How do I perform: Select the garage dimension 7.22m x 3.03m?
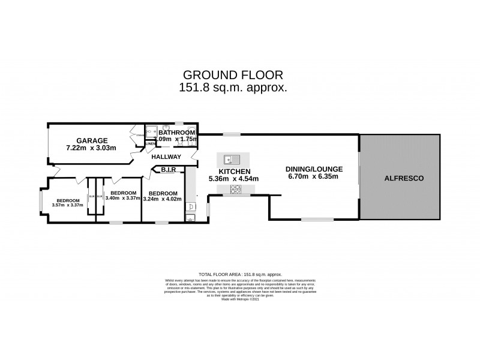pyautogui.click(x=91, y=148)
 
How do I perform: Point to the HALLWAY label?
pyautogui.click(x=166, y=157)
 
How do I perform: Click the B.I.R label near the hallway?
pyautogui.click(x=168, y=170)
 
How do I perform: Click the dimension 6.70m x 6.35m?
pyautogui.click(x=312, y=177)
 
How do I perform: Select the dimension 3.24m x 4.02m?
pyautogui.click(x=163, y=199)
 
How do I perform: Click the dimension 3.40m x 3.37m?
pyautogui.click(x=124, y=199)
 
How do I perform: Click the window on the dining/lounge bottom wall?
pyautogui.click(x=313, y=220)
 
